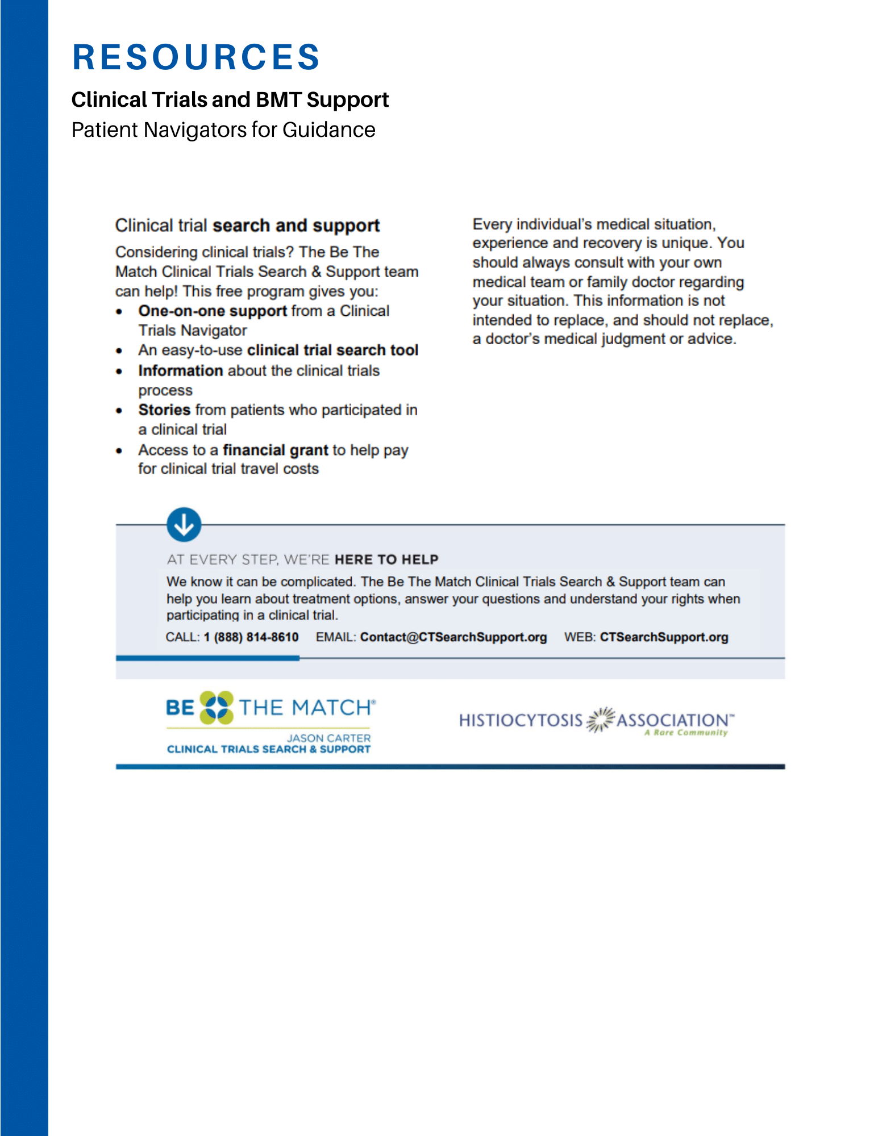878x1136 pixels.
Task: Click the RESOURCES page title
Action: point(196,57)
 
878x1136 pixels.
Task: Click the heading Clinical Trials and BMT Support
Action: point(230,100)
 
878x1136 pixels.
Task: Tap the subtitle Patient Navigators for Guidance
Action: point(223,130)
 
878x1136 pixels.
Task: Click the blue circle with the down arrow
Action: point(184,524)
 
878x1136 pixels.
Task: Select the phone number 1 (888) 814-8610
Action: point(251,637)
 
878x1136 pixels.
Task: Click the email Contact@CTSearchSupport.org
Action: point(453,637)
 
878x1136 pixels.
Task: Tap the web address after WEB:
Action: point(664,637)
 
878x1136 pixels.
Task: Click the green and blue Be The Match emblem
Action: point(217,707)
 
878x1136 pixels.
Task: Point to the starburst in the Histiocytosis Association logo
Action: point(600,720)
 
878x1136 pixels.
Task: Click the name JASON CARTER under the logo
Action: point(328,738)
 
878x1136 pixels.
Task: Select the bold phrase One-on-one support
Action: point(213,311)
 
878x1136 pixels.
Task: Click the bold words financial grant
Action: point(275,450)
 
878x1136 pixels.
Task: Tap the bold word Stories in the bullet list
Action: point(164,410)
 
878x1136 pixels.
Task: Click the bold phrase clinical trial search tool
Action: point(332,350)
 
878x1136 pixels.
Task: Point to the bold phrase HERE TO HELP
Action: point(386,559)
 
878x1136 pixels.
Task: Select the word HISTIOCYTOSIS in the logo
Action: point(521,720)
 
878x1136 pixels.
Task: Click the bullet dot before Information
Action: point(119,371)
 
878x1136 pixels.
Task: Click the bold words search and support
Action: point(296,226)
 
